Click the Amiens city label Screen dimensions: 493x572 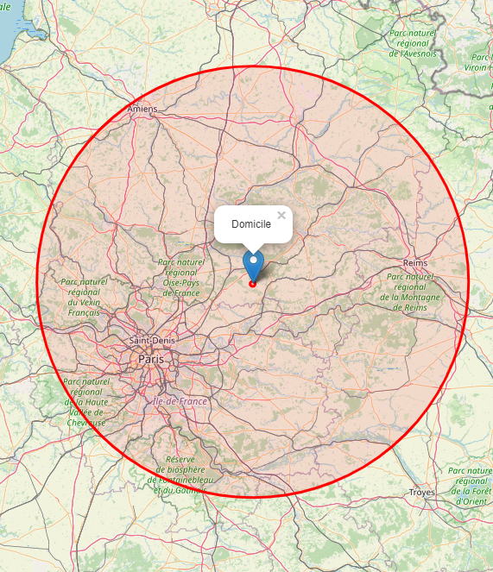tap(143, 110)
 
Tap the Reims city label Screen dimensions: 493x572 tap(416, 262)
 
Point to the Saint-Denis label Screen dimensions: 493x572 tap(152, 341)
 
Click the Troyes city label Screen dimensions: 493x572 tap(421, 492)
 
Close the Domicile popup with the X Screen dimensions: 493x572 tap(281, 216)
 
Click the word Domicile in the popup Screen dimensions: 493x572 tap(251, 224)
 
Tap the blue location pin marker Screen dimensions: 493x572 tap(253, 262)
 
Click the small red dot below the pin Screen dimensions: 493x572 tap(253, 284)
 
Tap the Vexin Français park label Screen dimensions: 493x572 tap(85, 297)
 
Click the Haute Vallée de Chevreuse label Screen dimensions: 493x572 tap(86, 401)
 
